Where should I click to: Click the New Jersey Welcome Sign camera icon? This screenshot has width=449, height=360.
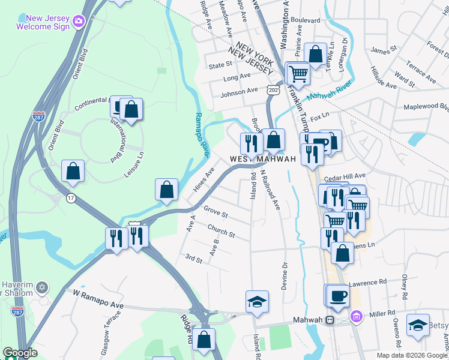[79, 22]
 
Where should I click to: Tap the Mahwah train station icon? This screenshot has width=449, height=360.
[330, 320]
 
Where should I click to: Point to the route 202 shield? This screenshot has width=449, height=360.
[273, 89]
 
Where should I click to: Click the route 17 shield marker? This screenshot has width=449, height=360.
[71, 199]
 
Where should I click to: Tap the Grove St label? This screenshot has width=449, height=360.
[215, 212]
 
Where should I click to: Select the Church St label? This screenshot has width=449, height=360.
[221, 230]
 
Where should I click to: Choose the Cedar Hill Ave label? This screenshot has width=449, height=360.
[344, 178]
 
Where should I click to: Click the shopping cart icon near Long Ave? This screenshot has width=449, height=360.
[299, 74]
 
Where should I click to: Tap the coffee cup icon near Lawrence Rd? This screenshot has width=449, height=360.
[337, 295]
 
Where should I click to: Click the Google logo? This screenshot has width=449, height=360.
[20, 353]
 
